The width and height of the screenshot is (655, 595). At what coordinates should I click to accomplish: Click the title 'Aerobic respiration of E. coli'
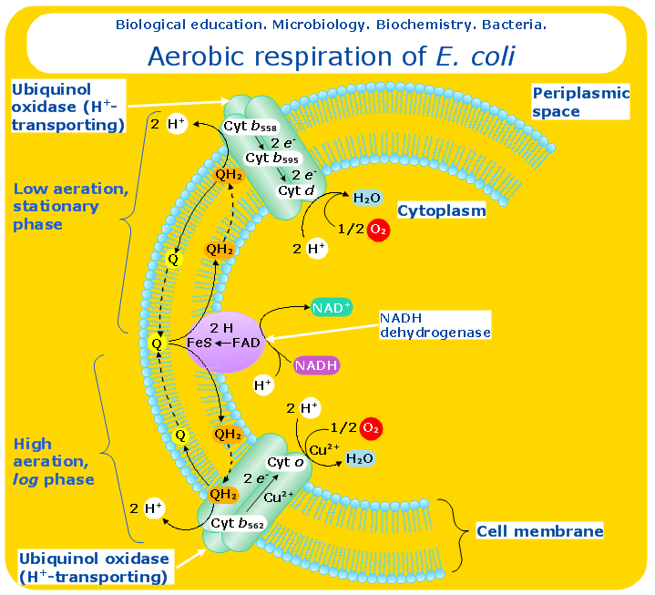click(331, 56)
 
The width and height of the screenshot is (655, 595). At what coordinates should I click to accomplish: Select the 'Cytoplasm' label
click(441, 210)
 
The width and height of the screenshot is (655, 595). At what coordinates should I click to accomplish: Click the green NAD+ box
click(331, 308)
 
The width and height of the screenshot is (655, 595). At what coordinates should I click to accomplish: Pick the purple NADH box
click(316, 365)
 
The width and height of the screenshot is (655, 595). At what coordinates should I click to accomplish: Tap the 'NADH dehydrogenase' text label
click(435, 324)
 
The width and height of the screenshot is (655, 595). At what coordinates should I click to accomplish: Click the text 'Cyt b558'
click(251, 126)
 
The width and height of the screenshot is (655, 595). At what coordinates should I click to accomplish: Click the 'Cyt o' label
click(285, 462)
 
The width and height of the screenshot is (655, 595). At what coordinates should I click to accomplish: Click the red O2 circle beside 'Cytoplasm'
click(378, 230)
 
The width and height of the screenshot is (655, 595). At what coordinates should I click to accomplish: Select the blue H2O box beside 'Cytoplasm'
click(366, 198)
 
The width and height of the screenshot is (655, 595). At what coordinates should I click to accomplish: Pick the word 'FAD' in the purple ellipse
click(246, 343)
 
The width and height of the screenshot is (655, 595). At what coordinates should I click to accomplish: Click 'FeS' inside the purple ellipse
click(200, 343)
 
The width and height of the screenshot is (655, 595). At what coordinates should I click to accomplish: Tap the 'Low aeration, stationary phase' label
click(70, 206)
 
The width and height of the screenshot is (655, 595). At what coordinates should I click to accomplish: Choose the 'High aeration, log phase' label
click(54, 462)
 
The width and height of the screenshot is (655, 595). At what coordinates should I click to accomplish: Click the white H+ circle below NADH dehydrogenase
click(262, 385)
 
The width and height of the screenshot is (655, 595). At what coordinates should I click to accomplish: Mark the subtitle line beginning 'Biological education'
click(331, 24)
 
